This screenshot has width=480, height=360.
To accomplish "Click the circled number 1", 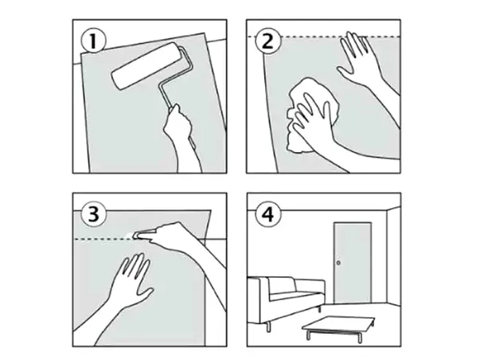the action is (93, 41).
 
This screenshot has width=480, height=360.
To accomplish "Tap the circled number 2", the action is (267, 41).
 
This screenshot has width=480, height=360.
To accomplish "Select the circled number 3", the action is (94, 214).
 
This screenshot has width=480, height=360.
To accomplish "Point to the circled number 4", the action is (268, 214).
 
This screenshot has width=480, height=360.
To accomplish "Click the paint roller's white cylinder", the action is (146, 66).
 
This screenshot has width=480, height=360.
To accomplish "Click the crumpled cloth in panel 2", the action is (312, 115).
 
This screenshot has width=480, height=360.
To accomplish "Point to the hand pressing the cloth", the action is (312, 118).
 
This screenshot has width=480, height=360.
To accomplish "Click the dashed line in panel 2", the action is (324, 37).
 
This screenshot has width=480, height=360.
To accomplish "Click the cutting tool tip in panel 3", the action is (135, 235).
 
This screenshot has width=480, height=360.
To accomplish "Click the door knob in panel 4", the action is (338, 263).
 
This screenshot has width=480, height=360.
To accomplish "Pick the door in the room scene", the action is (353, 263).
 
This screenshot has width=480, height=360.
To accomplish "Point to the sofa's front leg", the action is (268, 327).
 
